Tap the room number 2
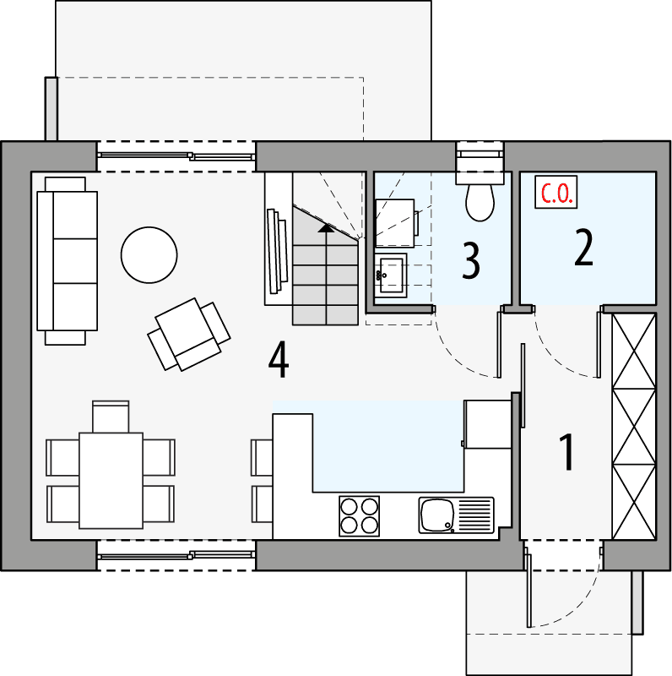583,247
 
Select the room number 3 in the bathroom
471,261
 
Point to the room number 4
279,362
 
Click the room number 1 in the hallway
567,453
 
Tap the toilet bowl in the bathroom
480,201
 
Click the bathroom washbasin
391,273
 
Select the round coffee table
149,255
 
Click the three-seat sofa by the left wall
66,260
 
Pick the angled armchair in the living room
189,334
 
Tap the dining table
111,479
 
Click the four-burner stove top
359,515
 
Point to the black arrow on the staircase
325,226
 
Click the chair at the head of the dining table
111,417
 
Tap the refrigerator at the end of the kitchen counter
488,423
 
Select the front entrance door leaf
529,588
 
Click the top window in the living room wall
176,155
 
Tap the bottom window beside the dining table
176,554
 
